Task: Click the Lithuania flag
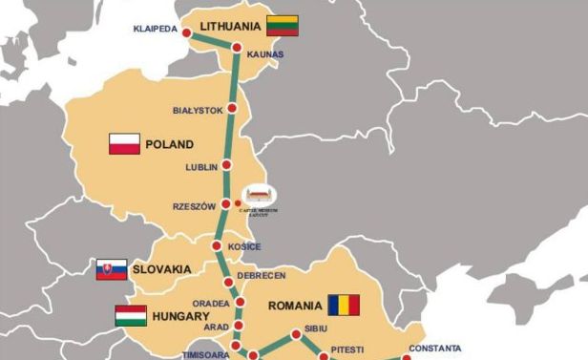pos(283,25)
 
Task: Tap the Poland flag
pos(125,145)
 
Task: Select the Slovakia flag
pos(112,269)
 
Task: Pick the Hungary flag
pos(130,315)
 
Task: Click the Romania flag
pos(344,306)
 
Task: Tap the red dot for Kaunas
pos(236,48)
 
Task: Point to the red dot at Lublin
pos(226,167)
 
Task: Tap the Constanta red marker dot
pos(407,359)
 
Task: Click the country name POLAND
pos(169,145)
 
